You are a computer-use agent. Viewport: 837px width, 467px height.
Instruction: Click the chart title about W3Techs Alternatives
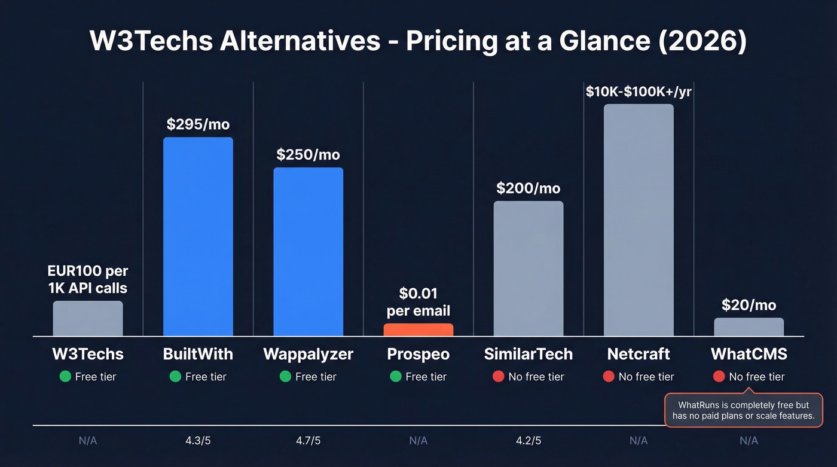[418, 41]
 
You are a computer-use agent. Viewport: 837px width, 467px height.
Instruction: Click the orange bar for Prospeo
[418, 329]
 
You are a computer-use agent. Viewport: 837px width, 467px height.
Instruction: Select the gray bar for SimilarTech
[529, 268]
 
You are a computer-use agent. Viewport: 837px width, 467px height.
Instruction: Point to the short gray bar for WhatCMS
[749, 326]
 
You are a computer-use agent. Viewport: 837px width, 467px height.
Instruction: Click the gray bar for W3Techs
[88, 318]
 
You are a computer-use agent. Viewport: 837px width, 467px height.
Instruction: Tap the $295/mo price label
[198, 124]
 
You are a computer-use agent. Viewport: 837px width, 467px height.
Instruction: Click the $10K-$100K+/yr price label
[639, 91]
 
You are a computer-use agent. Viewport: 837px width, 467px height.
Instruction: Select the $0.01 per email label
[418, 302]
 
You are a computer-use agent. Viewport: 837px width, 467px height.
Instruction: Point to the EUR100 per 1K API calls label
[88, 280]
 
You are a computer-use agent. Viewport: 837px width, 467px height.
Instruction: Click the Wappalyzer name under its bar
[308, 354]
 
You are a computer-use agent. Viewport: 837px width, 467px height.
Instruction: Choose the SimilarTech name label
[529, 354]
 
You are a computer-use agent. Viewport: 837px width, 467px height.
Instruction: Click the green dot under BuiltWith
[175, 377]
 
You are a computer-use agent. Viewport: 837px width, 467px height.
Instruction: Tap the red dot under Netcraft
[609, 377]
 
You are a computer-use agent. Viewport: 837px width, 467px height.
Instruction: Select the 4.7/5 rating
[308, 441]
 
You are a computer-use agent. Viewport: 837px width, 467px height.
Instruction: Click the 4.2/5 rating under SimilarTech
[529, 441]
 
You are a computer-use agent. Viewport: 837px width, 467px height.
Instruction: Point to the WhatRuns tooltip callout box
[744, 410]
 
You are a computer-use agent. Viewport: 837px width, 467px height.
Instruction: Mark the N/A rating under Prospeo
[418, 441]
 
